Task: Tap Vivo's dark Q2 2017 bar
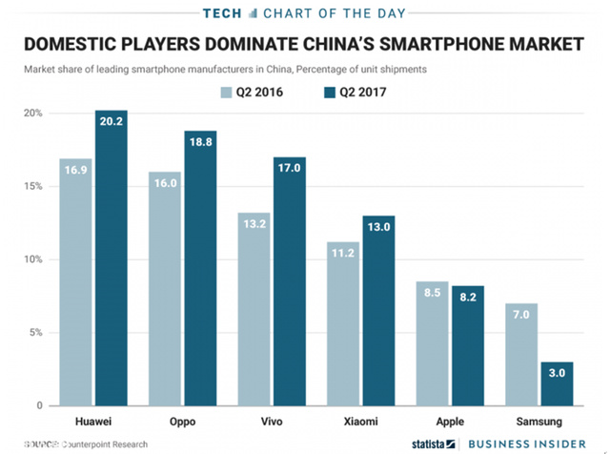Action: [x=290, y=286]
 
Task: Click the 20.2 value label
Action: [x=111, y=121]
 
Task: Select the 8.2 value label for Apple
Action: [x=469, y=298]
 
